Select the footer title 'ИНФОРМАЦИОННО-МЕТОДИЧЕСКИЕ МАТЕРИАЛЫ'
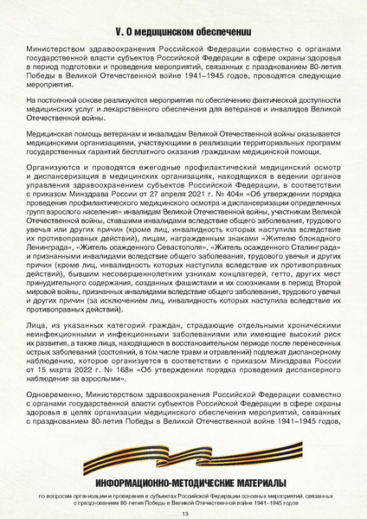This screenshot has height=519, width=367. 183,482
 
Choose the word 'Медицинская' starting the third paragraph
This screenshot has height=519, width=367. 57,136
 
